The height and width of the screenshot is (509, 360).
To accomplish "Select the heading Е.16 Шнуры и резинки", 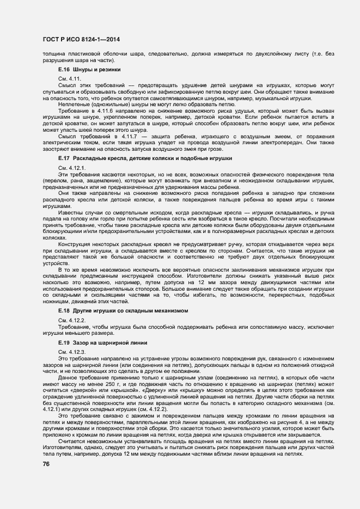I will click(89, 70).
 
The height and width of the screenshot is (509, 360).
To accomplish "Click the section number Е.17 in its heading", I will click(64, 158).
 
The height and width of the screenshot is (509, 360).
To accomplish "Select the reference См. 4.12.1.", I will click(71, 167).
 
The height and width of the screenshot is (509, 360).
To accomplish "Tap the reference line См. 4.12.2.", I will click(71, 319).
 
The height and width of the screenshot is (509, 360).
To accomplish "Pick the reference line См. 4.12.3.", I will click(71, 354).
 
